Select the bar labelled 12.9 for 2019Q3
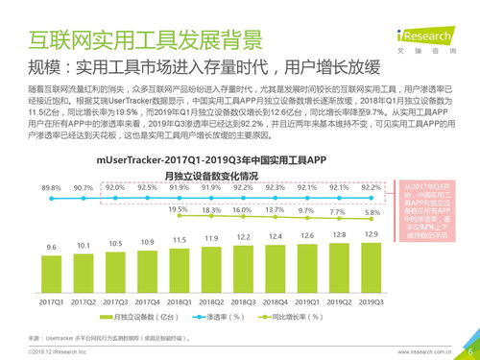[x=370, y=263]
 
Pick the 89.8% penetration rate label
[x=52, y=187]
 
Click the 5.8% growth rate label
[x=370, y=212]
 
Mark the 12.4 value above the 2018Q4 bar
[x=275, y=236]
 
